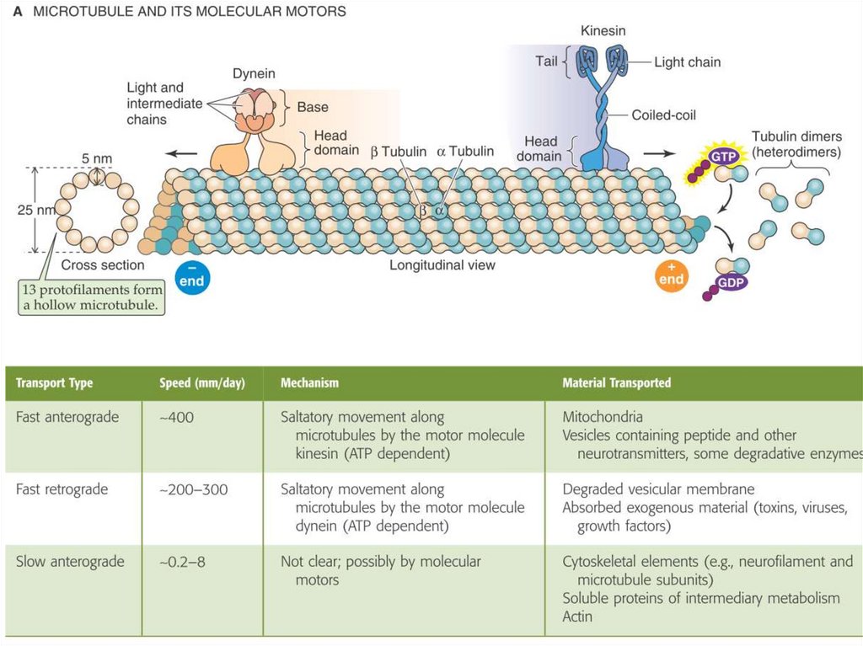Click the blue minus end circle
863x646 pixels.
click(x=191, y=276)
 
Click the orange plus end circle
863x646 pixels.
click(x=672, y=275)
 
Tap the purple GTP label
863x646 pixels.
click(x=722, y=157)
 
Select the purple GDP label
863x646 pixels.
click(x=729, y=283)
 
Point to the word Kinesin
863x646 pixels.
click(x=603, y=31)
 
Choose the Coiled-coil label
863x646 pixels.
click(x=664, y=115)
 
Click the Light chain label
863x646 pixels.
click(x=687, y=61)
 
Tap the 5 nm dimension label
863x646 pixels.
click(x=97, y=158)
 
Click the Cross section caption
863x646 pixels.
click(x=103, y=265)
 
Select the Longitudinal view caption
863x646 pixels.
click(x=442, y=265)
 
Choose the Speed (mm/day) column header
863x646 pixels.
click(x=201, y=383)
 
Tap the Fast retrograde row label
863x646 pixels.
click(x=62, y=489)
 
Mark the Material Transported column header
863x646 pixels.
click(x=616, y=383)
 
